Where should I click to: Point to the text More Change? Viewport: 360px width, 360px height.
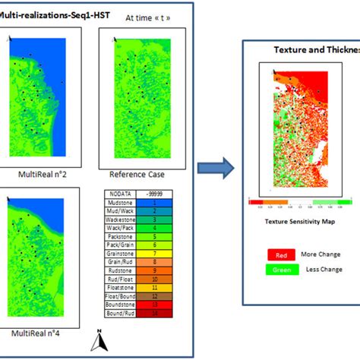click(321, 254)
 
